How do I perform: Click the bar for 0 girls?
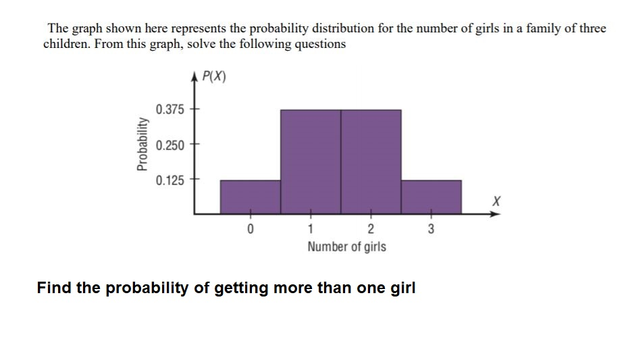click(x=251, y=197)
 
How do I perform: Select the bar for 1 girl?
click(x=311, y=161)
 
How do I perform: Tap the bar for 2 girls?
click(x=371, y=161)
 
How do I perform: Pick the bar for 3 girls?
click(x=431, y=197)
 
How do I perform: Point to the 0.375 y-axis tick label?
click(x=169, y=109)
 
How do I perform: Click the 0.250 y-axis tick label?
click(x=169, y=145)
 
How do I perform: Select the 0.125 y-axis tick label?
click(x=169, y=180)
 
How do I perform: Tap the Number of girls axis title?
click(x=346, y=247)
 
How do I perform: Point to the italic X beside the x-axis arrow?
click(x=496, y=201)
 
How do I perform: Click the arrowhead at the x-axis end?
click(x=497, y=214)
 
